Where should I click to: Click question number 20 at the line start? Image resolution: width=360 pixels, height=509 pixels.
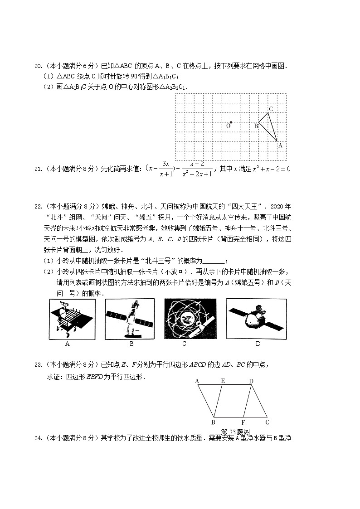point(39,66)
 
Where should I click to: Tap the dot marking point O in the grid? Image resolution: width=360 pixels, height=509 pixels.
point(231,122)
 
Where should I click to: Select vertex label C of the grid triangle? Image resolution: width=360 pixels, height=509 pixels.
point(271,109)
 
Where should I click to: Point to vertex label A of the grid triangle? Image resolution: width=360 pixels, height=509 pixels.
point(280,145)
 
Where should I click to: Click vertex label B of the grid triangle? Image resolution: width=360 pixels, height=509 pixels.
point(256,126)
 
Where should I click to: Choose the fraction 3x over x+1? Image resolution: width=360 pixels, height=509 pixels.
point(166,169)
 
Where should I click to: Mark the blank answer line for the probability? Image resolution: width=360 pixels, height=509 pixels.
point(213,260)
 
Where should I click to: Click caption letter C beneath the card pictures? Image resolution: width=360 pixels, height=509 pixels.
point(185,344)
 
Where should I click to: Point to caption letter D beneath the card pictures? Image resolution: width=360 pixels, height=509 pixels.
point(258,344)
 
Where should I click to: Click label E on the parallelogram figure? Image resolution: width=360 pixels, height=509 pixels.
point(223,381)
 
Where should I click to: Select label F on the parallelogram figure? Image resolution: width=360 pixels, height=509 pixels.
point(243,422)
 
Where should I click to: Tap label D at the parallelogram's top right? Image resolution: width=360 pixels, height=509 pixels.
point(251,381)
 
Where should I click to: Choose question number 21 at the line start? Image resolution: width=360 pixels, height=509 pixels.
point(39,169)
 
